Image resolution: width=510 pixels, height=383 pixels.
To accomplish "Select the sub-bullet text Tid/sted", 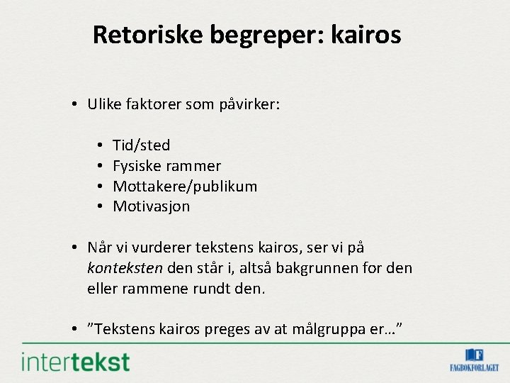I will click(x=142, y=145).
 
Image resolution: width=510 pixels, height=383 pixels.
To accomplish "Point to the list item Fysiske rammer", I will click(x=167, y=166).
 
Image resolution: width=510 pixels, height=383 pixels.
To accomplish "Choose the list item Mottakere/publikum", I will click(x=185, y=187).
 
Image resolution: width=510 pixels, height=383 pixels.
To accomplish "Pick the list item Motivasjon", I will click(x=152, y=207).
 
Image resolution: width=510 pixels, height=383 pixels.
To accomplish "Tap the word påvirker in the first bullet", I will click(x=252, y=105).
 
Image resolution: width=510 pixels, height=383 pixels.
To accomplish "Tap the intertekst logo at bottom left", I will click(x=76, y=362).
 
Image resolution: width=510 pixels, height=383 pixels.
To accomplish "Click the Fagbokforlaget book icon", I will click(x=474, y=355).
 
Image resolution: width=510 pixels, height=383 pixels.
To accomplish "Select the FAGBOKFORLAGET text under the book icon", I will click(x=474, y=368).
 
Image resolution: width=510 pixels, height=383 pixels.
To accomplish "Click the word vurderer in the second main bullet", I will click(x=157, y=248).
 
